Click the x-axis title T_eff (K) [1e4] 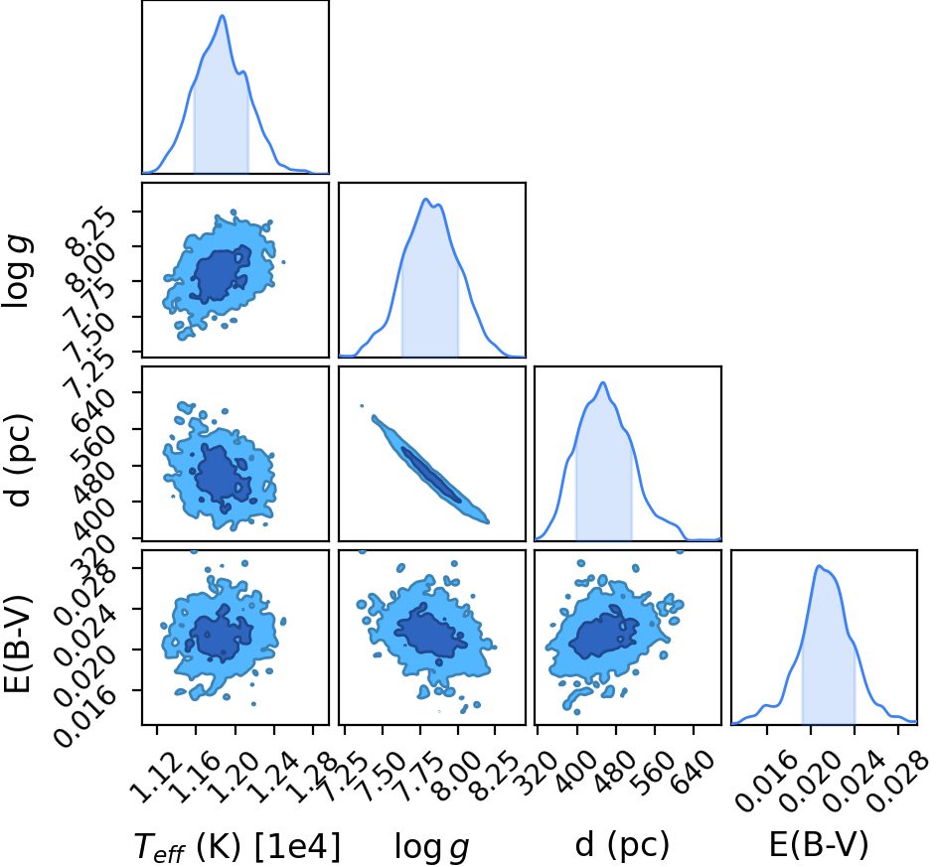click(x=237, y=846)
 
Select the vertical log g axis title click(x=18, y=271)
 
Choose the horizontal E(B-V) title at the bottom click(x=819, y=845)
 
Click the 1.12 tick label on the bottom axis click(x=153, y=775)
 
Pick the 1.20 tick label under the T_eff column click(x=232, y=775)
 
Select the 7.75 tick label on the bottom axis click(x=417, y=775)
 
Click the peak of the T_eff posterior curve click(x=223, y=15)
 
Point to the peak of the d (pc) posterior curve click(x=603, y=382)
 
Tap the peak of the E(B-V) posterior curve click(x=819, y=566)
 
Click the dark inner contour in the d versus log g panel click(x=431, y=475)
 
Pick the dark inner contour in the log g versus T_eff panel click(x=221, y=274)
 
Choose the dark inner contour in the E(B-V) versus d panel click(x=603, y=634)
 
